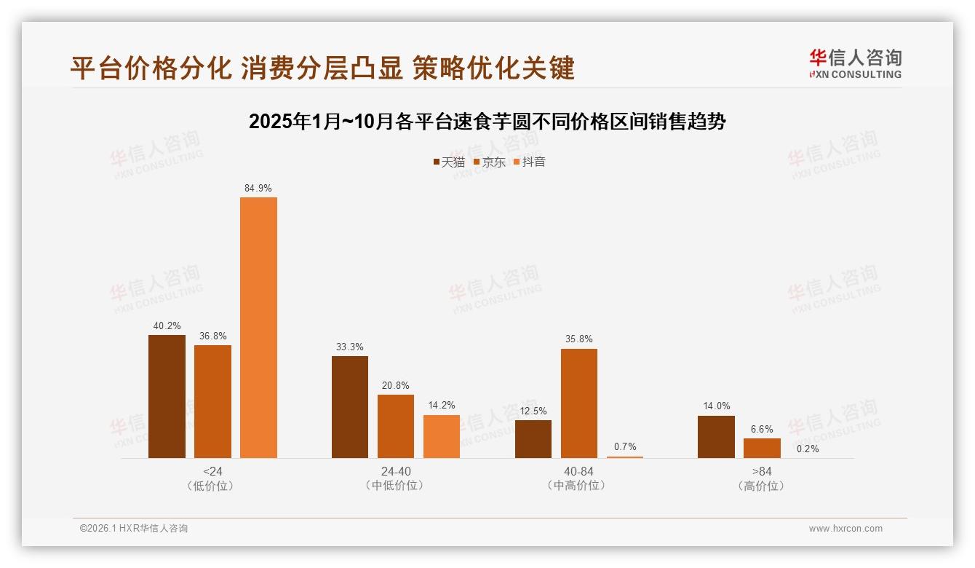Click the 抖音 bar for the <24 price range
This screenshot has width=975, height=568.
(x=258, y=328)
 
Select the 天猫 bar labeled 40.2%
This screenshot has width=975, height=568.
(x=167, y=396)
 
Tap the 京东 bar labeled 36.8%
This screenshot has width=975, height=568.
(x=212, y=401)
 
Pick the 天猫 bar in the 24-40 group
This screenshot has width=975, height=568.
(x=350, y=407)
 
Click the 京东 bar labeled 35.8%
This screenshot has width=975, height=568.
(x=579, y=403)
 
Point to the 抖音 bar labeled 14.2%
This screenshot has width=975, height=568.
(x=442, y=436)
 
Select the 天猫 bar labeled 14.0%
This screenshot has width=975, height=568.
(x=716, y=437)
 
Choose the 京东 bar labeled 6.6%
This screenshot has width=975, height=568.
(x=762, y=448)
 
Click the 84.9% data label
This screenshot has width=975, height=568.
(x=258, y=188)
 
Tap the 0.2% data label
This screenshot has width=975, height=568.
(x=808, y=449)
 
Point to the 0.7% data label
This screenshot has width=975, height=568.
(x=625, y=446)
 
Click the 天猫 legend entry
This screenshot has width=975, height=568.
(x=449, y=162)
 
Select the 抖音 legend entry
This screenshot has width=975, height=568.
(x=530, y=162)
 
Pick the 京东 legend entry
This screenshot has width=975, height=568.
(x=489, y=162)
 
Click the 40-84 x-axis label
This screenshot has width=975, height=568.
(x=578, y=471)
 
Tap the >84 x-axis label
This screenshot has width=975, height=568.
(x=762, y=471)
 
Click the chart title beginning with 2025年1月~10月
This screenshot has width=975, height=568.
(x=488, y=121)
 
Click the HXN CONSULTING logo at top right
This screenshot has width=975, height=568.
(x=856, y=63)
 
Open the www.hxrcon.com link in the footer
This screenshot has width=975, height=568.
(x=845, y=529)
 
